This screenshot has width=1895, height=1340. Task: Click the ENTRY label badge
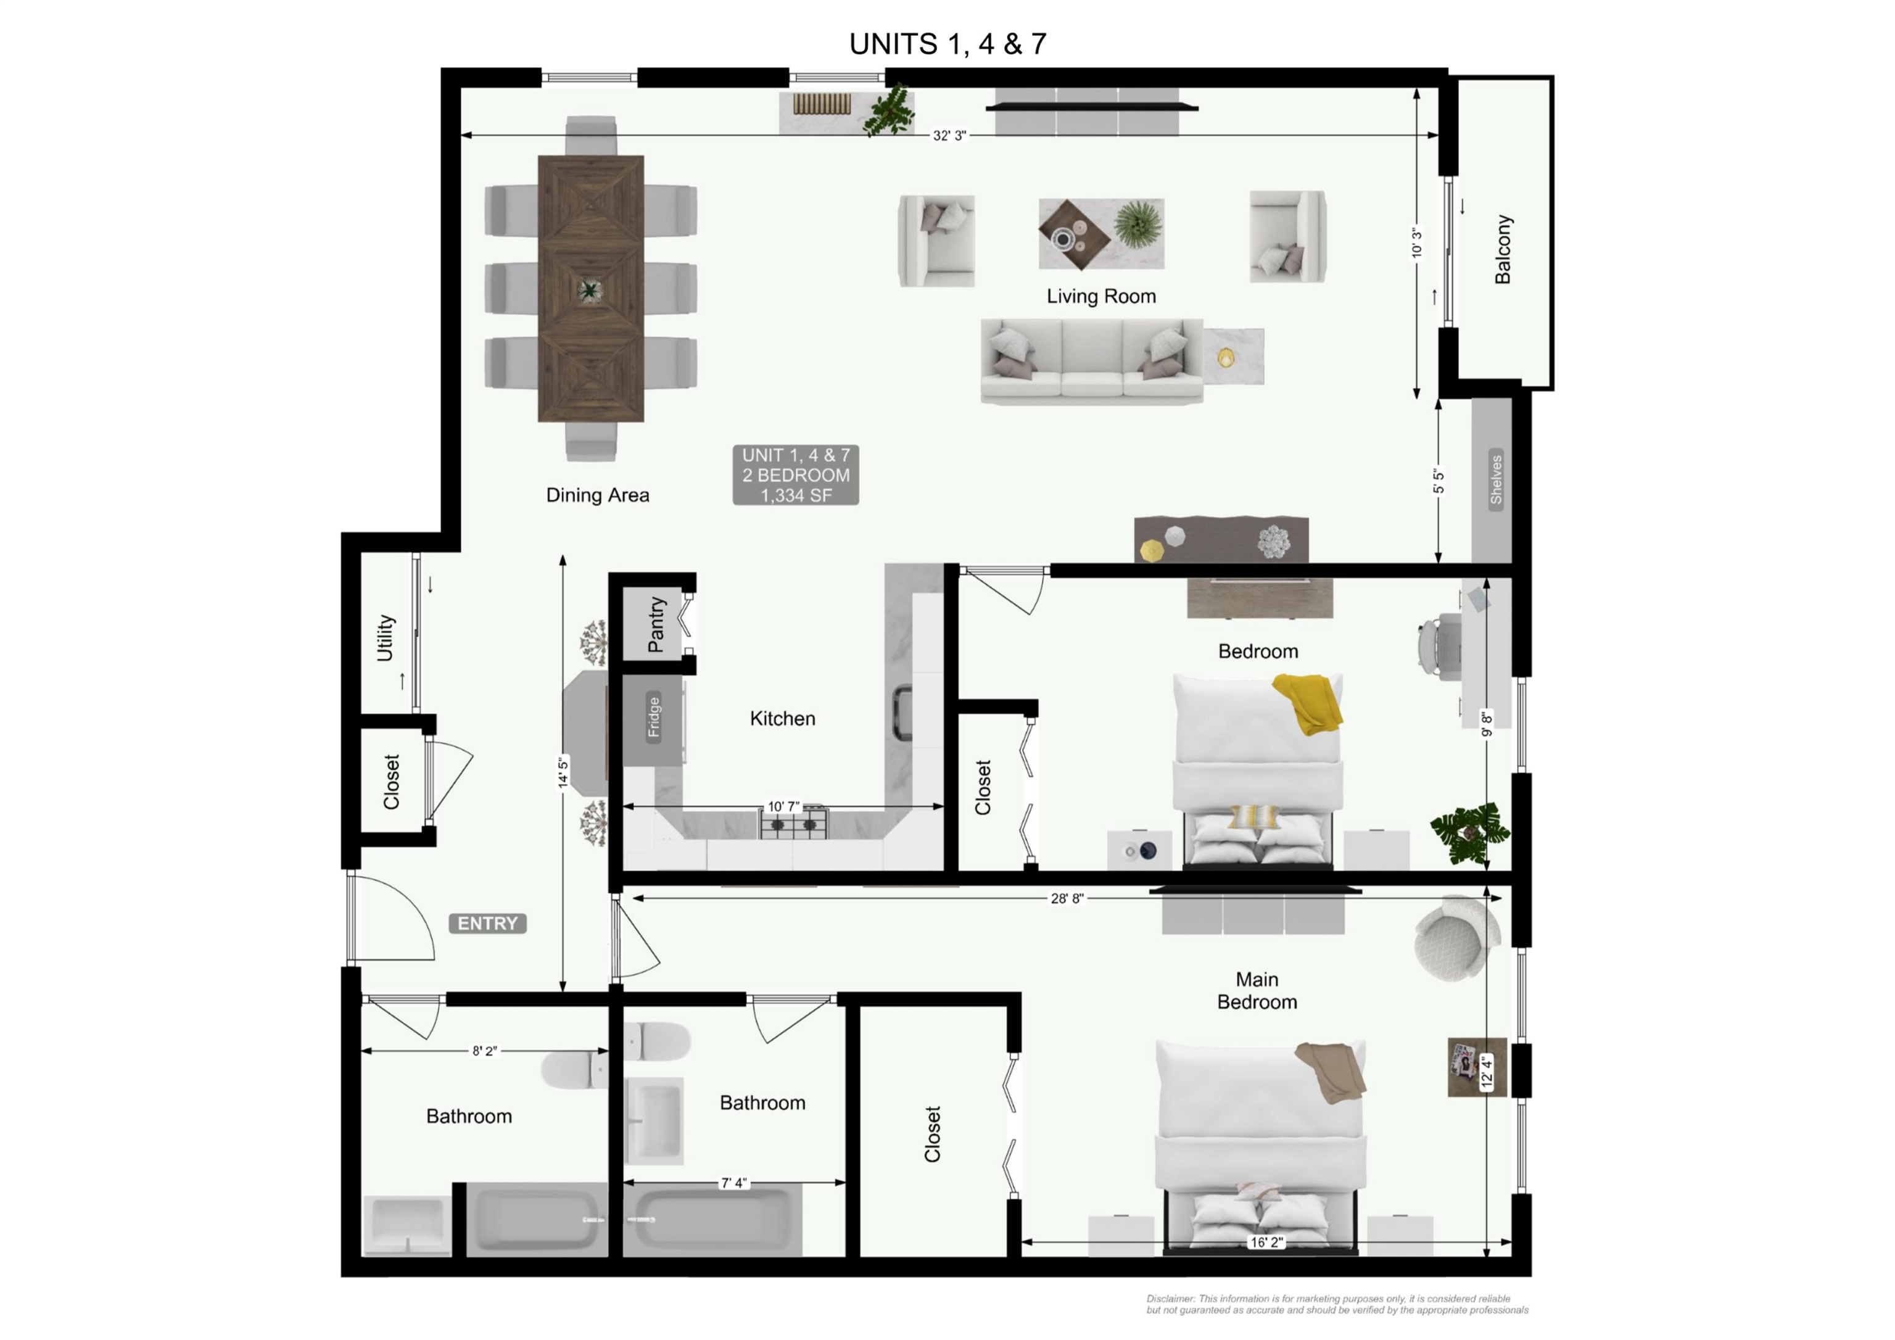(487, 923)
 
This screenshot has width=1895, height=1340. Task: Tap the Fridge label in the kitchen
(654, 717)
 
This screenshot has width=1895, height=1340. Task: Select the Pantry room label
(656, 624)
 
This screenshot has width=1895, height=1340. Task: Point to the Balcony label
(1503, 249)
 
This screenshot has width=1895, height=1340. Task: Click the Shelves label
(1495, 478)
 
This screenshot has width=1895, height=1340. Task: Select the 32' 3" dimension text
(949, 135)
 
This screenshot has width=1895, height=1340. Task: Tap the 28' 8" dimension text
(1067, 898)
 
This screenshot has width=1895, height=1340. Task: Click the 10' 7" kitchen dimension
(783, 806)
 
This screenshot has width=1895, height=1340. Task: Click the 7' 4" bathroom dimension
(733, 1183)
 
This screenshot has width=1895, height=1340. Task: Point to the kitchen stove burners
(793, 823)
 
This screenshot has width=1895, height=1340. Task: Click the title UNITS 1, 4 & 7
(947, 44)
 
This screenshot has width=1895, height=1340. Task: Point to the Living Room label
(1101, 296)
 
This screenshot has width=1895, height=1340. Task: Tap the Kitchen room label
(782, 718)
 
